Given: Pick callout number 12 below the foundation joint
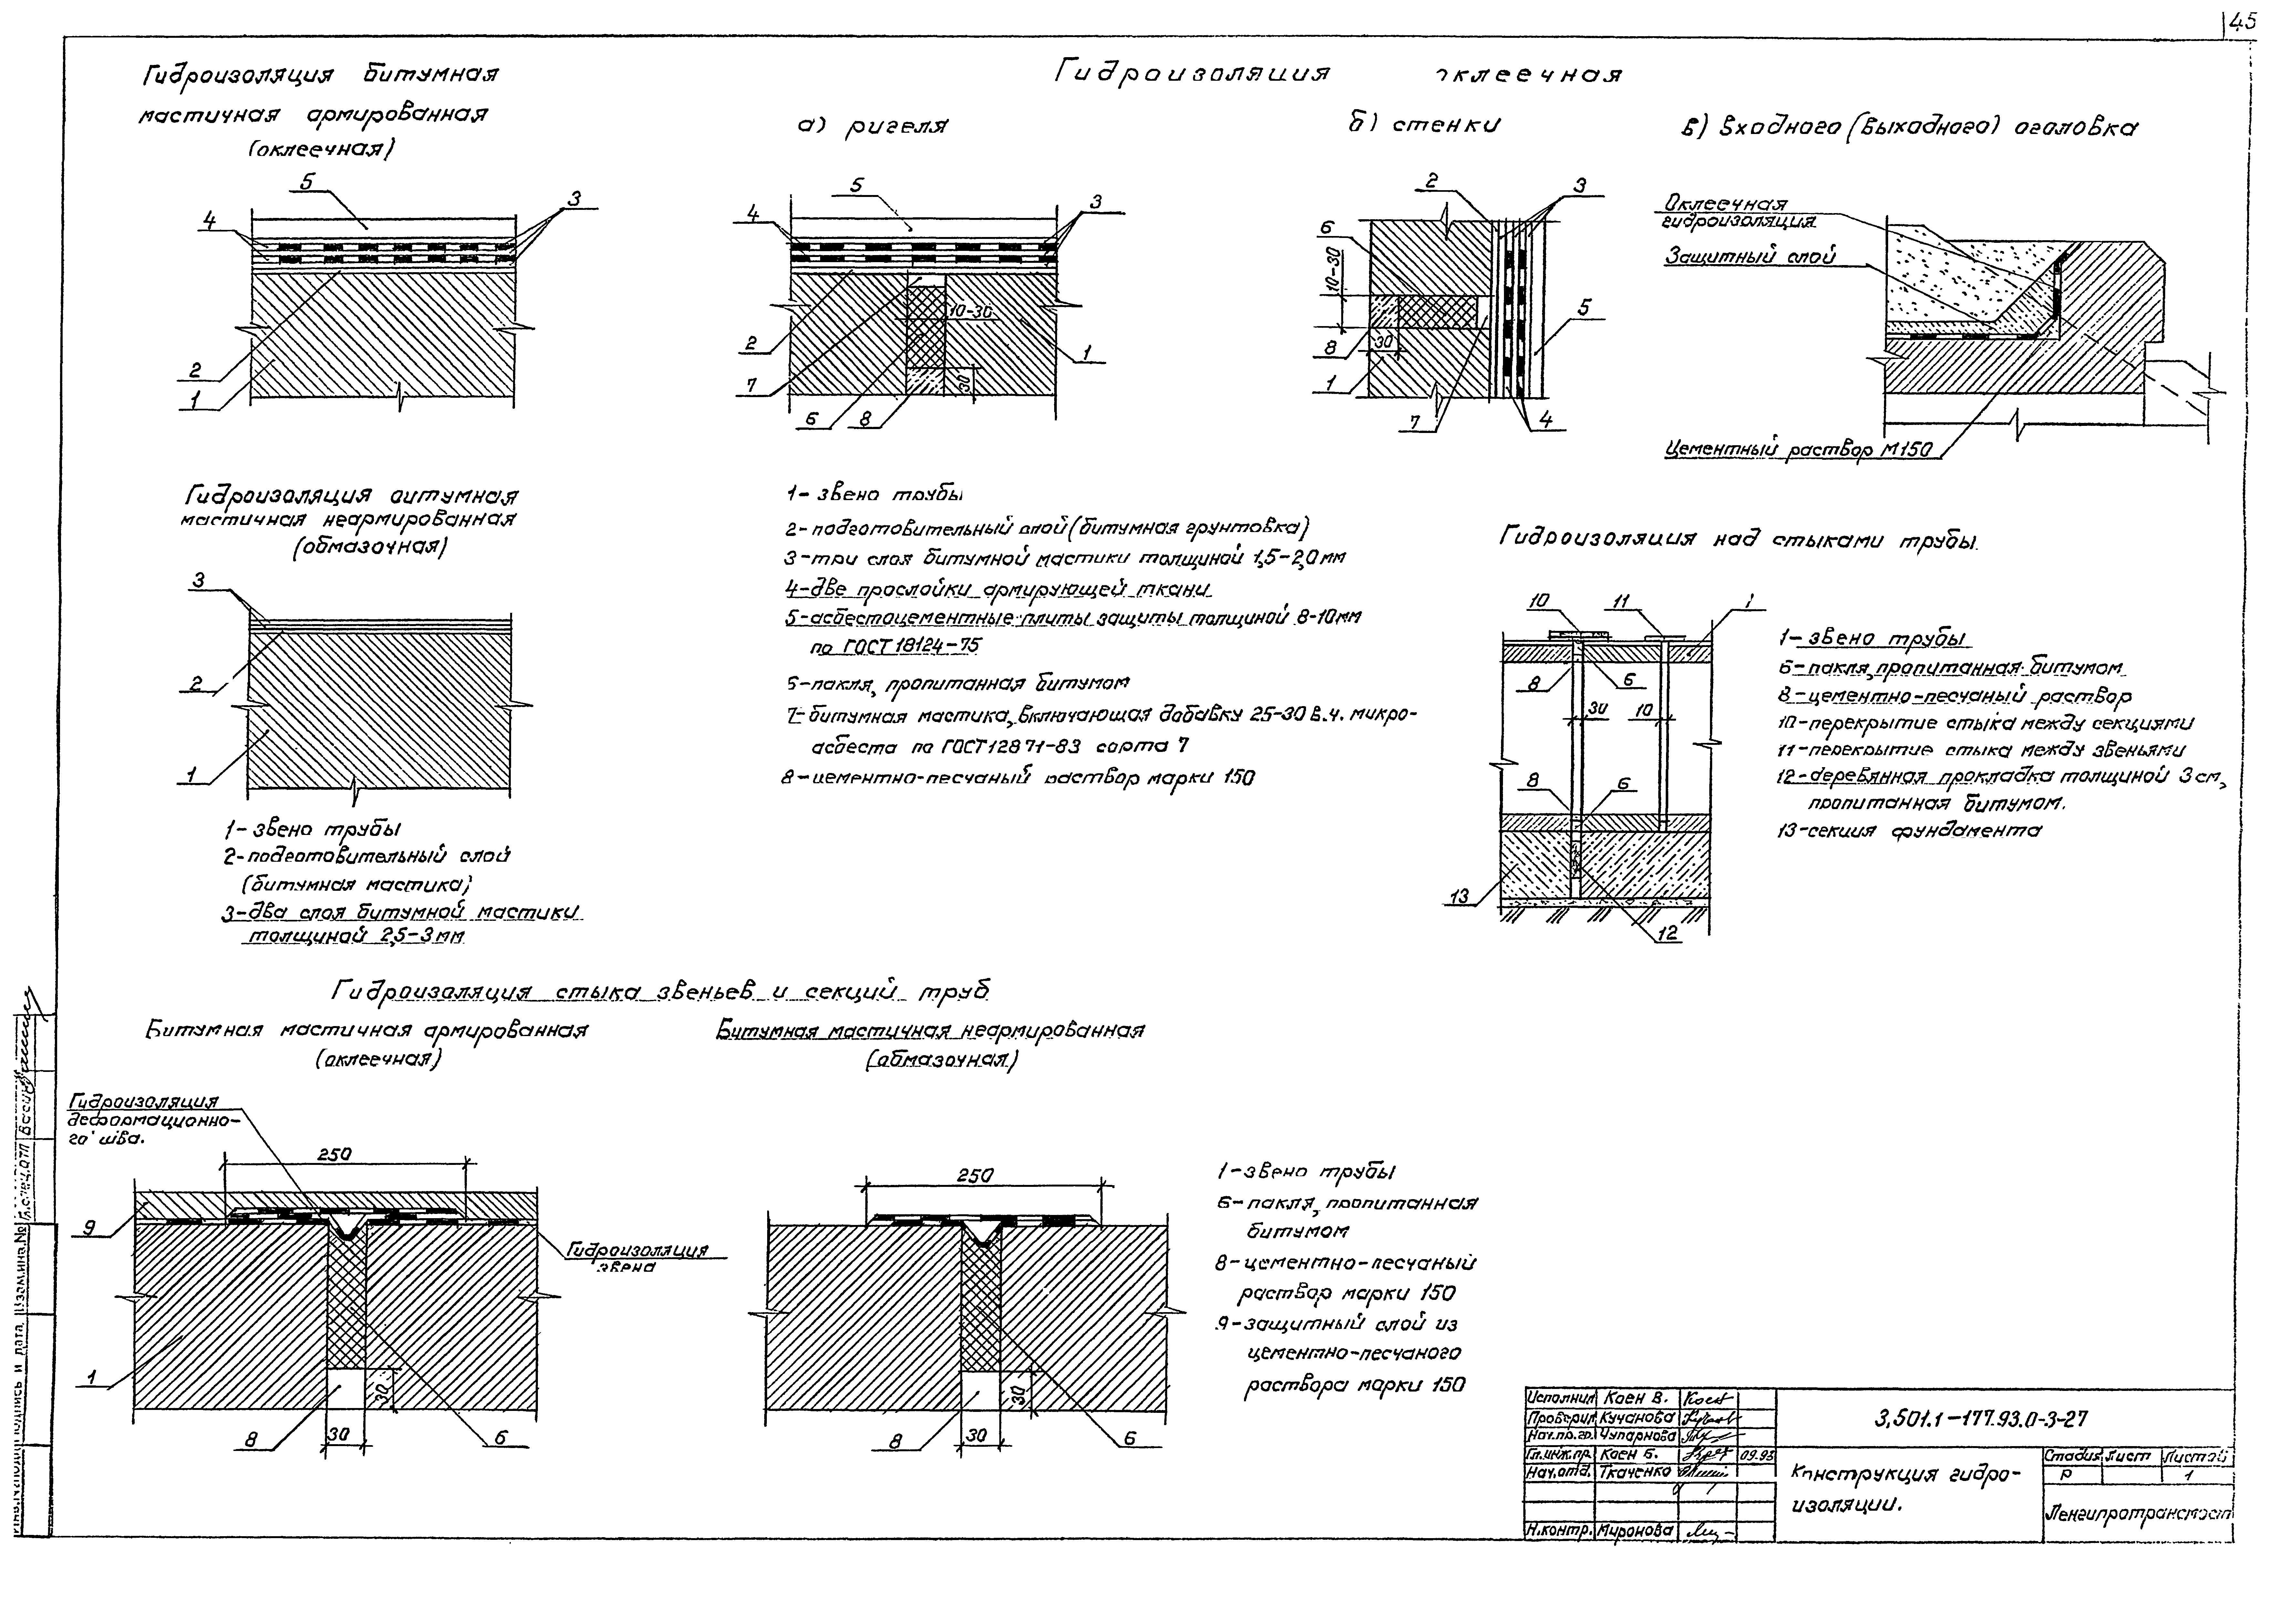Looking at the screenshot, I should [x=1668, y=933].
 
